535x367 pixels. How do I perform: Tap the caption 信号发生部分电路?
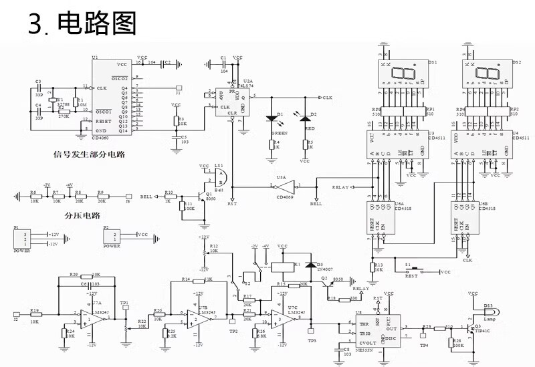(90, 155)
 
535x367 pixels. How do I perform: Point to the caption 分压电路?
(82, 216)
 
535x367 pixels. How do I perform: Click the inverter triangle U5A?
(283, 185)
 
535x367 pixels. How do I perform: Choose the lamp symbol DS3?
(488, 311)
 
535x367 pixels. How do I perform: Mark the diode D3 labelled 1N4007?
(309, 265)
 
